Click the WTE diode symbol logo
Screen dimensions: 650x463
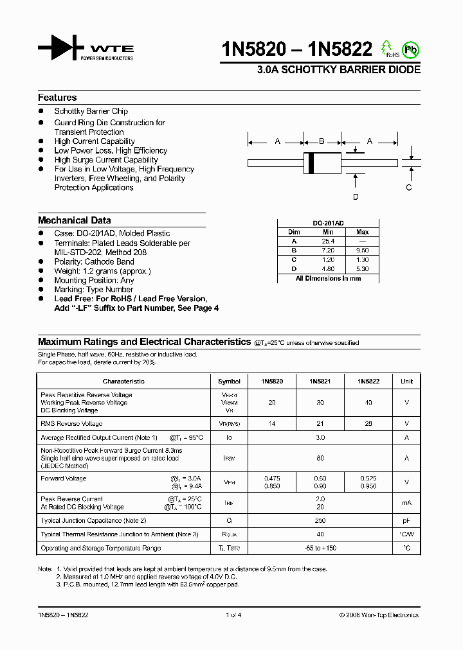[60, 48]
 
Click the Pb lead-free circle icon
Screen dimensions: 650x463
[409, 49]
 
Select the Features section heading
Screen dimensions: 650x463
[57, 98]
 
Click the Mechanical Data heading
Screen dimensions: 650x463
[74, 220]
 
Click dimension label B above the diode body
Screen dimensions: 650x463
[322, 141]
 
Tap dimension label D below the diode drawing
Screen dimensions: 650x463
[356, 197]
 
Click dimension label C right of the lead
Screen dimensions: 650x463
[409, 188]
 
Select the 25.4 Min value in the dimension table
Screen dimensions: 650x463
[328, 241]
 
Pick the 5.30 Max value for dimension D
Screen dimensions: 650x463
[363, 269]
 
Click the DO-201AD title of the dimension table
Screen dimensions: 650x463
[328, 223]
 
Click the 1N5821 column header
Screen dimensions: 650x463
[320, 381]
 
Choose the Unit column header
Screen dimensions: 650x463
[406, 381]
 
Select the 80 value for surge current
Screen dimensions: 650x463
[320, 458]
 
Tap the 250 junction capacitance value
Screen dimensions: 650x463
[320, 520]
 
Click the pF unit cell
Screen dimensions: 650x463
[406, 520]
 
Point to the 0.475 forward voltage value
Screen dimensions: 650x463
[272, 479]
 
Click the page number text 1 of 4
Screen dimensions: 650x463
[233, 615]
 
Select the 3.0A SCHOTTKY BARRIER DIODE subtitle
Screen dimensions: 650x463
[339, 69]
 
